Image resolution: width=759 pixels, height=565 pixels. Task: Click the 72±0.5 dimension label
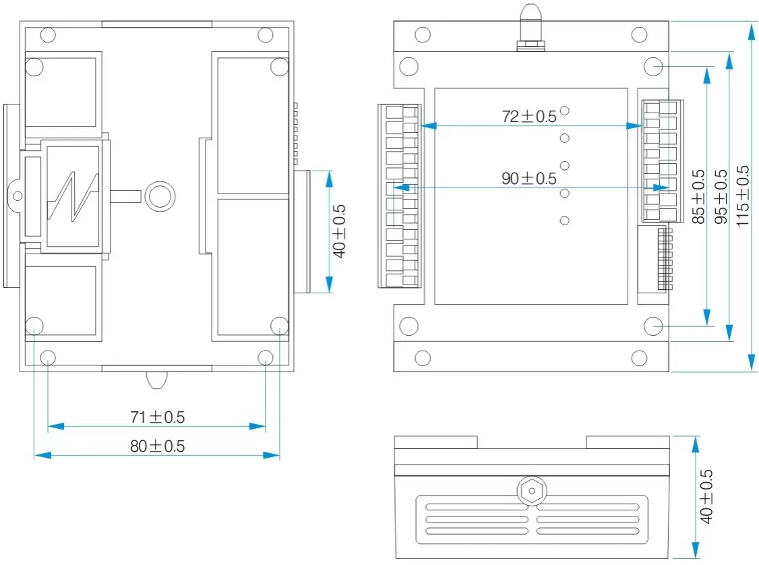pyautogui.click(x=529, y=116)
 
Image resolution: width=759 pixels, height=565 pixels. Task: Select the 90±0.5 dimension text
pyautogui.click(x=529, y=179)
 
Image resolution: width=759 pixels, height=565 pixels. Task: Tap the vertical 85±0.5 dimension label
pyautogui.click(x=699, y=196)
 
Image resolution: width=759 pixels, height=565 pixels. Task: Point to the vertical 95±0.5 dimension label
pyautogui.click(x=721, y=196)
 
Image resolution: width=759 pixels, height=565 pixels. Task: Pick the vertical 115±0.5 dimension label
pyautogui.click(x=743, y=196)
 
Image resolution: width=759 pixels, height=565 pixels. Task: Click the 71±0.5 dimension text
pyautogui.click(x=157, y=417)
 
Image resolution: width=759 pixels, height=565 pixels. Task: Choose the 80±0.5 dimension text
pyautogui.click(x=157, y=446)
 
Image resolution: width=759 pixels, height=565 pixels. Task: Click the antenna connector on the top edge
pyautogui.click(x=530, y=27)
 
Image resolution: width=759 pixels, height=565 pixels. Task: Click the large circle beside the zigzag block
pyautogui.click(x=160, y=196)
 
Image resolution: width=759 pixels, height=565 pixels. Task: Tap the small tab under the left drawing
pyautogui.click(x=156, y=380)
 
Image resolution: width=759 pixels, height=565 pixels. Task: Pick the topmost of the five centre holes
pyautogui.click(x=565, y=111)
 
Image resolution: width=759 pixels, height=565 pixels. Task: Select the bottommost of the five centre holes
pyautogui.click(x=565, y=220)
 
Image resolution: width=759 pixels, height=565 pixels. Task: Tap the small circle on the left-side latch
pyautogui.click(x=18, y=196)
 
